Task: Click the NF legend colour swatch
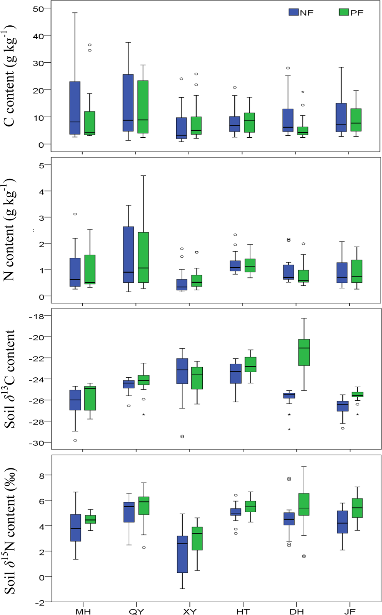(x=294, y=12)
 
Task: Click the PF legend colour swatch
(x=344, y=12)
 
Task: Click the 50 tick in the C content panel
(x=38, y=8)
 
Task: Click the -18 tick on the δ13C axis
(x=37, y=316)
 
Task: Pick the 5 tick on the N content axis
(x=42, y=165)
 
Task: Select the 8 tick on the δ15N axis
(x=42, y=475)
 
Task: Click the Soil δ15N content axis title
(x=10, y=531)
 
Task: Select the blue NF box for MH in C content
(x=75, y=108)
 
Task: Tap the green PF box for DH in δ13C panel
(x=304, y=352)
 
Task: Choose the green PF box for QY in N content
(x=143, y=257)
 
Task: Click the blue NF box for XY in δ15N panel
(x=182, y=554)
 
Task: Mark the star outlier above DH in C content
(x=303, y=92)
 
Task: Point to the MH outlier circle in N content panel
(x=75, y=214)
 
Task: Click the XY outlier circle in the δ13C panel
(x=182, y=437)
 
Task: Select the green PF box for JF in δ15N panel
(x=357, y=508)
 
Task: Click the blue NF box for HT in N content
(x=235, y=266)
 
